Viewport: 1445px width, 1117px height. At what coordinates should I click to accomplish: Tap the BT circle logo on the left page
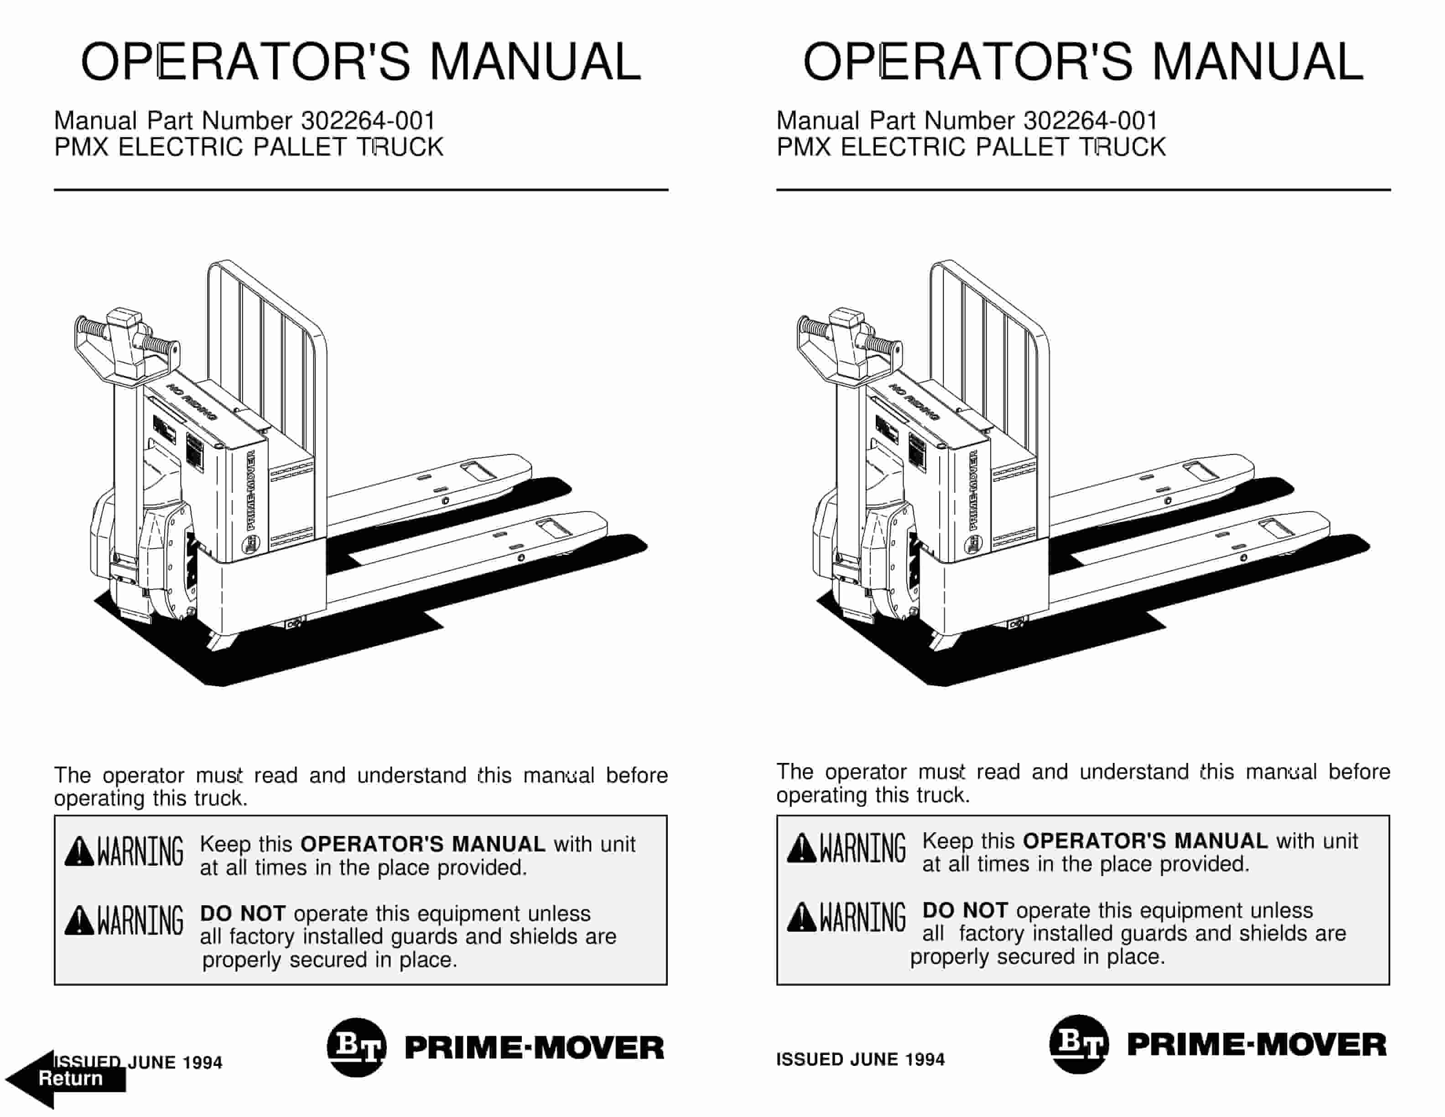(356, 1048)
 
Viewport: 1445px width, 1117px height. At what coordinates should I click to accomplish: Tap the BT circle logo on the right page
(1078, 1044)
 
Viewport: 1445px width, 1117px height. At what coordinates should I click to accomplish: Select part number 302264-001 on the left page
(368, 121)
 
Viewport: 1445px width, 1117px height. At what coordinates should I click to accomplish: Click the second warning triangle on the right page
(801, 917)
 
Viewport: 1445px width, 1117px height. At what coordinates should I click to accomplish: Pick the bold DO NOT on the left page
(242, 914)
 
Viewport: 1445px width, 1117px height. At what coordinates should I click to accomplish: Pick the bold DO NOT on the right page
(965, 911)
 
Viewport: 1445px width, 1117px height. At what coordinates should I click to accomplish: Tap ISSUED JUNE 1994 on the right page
(860, 1060)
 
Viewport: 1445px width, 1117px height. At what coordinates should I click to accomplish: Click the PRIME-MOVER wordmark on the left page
(533, 1048)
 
